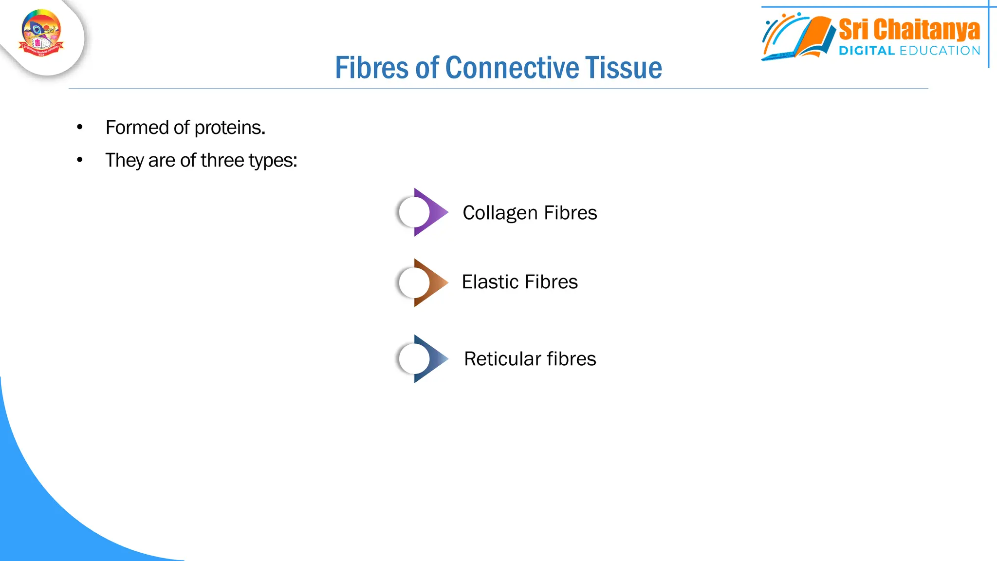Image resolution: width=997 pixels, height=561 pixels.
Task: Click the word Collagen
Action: click(500, 213)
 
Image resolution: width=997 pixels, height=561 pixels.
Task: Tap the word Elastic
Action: click(489, 282)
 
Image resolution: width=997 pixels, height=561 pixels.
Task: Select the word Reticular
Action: click(502, 359)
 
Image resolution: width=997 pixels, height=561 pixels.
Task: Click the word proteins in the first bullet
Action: click(230, 128)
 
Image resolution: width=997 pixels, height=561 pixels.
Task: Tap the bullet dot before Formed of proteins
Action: click(80, 128)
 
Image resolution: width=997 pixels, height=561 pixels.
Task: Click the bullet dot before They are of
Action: click(80, 160)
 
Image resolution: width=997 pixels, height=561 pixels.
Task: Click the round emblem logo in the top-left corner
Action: click(41, 33)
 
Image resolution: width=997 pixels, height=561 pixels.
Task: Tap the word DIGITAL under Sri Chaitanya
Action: click(867, 51)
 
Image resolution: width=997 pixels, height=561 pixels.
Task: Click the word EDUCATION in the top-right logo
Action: click(940, 51)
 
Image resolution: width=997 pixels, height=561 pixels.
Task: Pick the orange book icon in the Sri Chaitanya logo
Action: click(813, 37)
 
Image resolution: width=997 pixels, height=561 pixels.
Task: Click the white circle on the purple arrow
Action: click(413, 212)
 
